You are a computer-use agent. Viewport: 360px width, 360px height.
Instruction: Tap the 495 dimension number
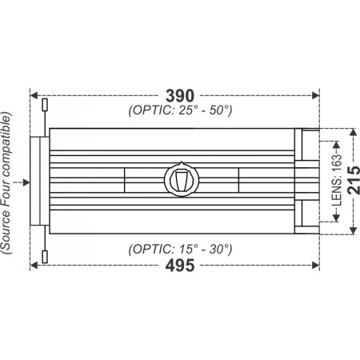click(x=173, y=266)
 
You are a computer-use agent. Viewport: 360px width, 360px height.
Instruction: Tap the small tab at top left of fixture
click(x=45, y=105)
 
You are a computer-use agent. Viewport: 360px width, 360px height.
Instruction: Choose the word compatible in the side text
click(x=8, y=151)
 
